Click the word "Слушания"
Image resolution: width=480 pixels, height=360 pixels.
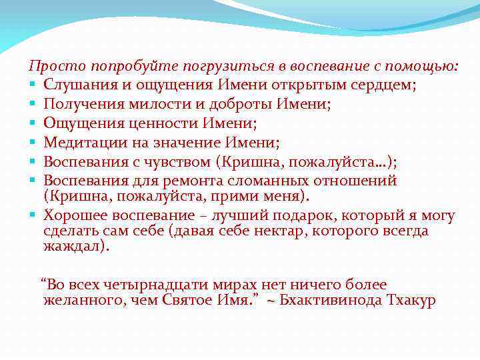(x=77, y=85)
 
